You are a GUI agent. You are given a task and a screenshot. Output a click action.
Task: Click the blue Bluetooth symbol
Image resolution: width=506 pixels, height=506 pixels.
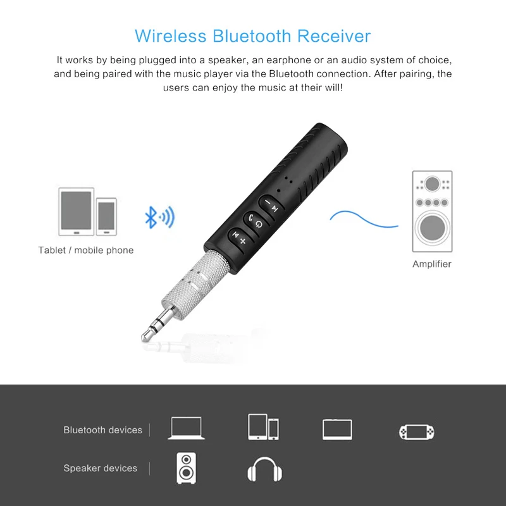point(151,218)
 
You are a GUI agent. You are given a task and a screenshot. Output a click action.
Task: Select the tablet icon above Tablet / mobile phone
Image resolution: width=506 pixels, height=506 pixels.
point(76,210)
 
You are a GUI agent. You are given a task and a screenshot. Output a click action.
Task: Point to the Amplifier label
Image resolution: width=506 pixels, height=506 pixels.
point(432,264)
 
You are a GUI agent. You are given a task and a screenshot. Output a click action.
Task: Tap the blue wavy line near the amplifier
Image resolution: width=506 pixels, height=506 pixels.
point(364,219)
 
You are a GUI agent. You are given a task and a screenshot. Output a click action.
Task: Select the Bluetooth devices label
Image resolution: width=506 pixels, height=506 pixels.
point(102,430)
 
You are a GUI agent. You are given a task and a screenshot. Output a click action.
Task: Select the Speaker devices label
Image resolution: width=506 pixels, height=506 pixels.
point(100,469)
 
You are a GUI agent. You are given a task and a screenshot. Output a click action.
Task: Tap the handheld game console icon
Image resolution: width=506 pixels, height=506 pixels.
point(417,431)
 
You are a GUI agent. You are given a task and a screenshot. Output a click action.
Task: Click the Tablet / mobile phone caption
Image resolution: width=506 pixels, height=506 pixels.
point(86,250)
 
